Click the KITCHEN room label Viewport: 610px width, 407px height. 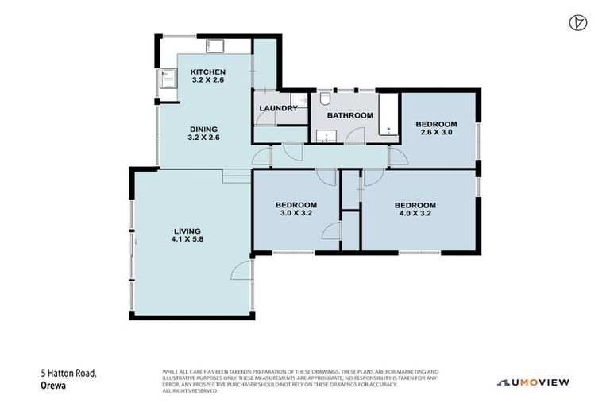[x=207, y=72]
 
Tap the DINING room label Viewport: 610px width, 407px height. [x=203, y=129]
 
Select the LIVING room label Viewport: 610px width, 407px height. [x=187, y=231]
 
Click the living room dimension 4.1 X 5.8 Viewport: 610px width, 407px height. [x=187, y=239]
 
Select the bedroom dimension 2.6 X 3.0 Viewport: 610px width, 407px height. [x=436, y=133]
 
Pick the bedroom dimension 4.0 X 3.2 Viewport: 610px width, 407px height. [x=415, y=214]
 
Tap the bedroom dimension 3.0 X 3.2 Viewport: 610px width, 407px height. [x=298, y=214]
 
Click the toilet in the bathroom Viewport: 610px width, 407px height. [x=326, y=99]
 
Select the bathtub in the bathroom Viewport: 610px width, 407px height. [x=388, y=116]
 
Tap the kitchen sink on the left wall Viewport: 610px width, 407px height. [x=168, y=78]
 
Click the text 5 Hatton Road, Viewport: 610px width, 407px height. [x=68, y=372]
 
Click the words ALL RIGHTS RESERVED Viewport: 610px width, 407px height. [x=189, y=390]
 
